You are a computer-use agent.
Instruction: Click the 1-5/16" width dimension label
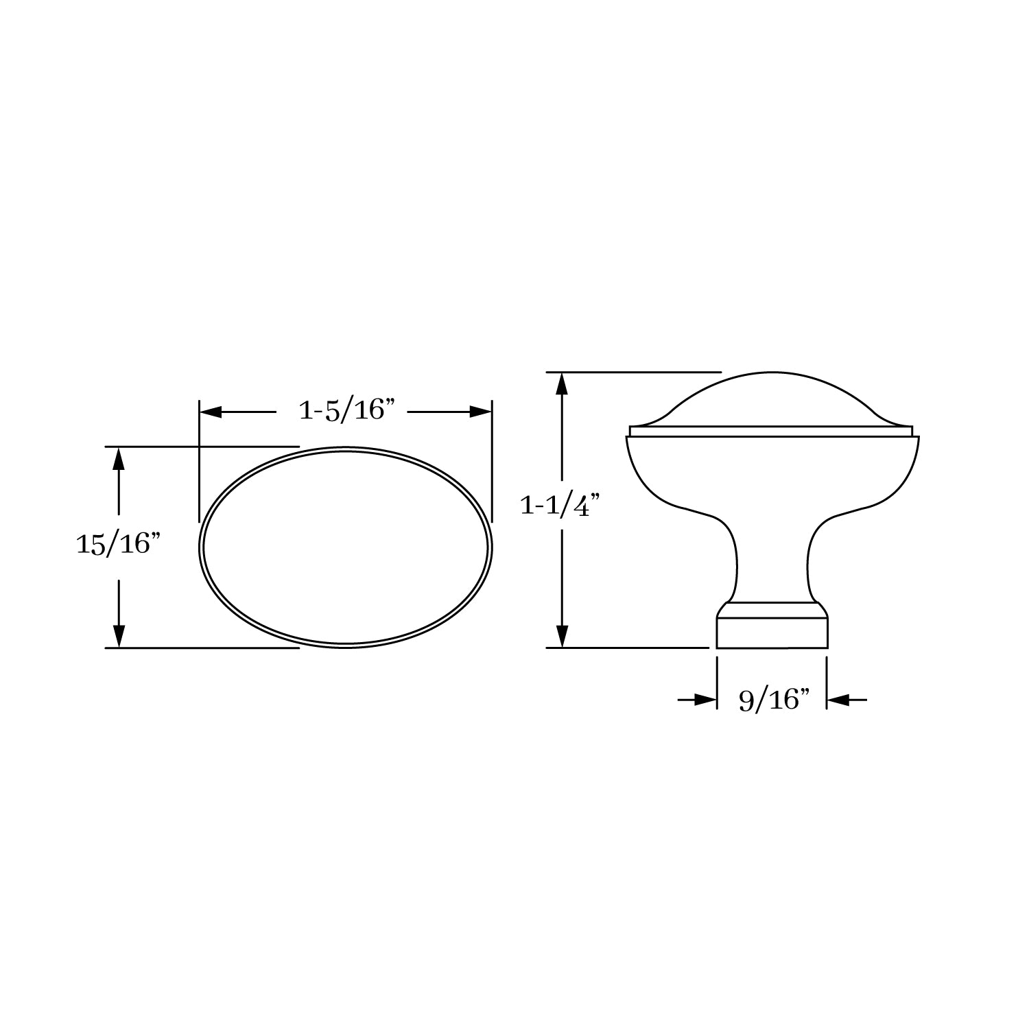tap(348, 410)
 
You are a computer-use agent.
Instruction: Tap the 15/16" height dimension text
tap(118, 545)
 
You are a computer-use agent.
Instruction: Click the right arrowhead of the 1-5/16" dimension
tap(481, 412)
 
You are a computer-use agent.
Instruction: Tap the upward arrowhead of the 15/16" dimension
tap(119, 458)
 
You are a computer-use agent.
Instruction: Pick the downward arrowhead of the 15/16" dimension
tap(119, 636)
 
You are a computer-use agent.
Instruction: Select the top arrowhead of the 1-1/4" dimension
tap(563, 383)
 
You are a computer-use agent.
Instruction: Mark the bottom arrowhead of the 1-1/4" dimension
tap(563, 636)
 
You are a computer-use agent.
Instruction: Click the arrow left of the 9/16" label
tap(705, 700)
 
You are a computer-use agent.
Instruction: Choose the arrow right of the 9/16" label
tap(838, 700)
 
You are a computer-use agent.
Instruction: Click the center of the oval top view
tap(346, 547)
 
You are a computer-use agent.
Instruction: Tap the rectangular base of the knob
tap(772, 632)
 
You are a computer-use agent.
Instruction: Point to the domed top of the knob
tap(772, 398)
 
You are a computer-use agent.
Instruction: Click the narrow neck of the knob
tap(772, 563)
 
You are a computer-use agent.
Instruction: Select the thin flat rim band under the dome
tap(772, 431)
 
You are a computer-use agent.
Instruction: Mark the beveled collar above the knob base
tap(772, 610)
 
